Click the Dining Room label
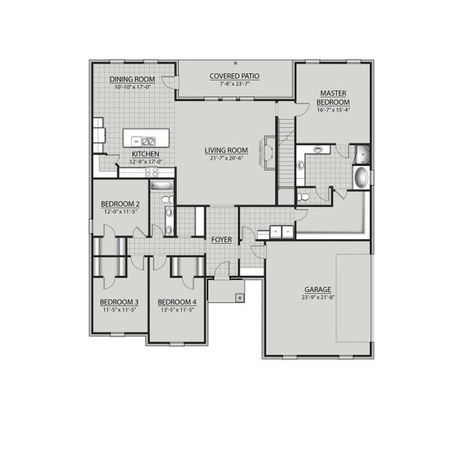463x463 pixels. point(132,79)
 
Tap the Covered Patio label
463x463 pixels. point(234,76)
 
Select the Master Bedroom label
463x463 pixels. point(333,97)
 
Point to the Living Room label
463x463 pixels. point(225,150)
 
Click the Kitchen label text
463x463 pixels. point(145,154)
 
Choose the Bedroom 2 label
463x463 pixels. point(119,203)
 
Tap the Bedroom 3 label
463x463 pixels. point(119,302)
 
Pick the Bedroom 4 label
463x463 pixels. point(177,302)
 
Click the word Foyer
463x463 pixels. point(221,240)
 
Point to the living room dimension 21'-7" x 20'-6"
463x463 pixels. point(225,158)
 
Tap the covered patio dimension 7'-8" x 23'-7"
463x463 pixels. point(234,83)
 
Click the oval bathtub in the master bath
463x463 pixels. point(360,178)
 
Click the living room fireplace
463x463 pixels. point(269,150)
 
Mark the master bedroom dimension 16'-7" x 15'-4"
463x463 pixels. point(333,110)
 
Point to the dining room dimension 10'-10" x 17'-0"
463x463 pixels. point(132,86)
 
